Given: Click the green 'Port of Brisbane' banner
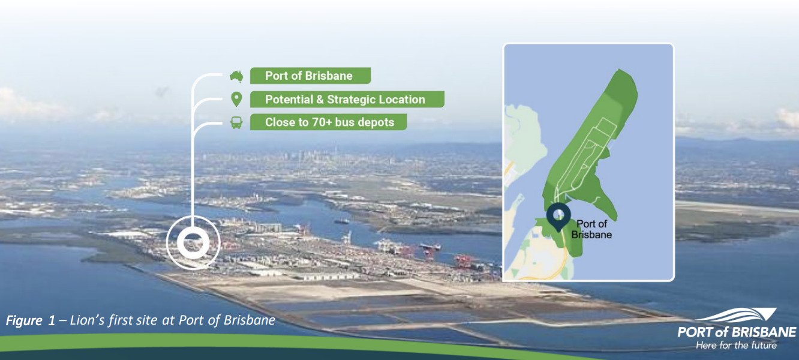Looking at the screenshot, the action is (x=310, y=76).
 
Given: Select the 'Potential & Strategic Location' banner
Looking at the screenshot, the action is (x=347, y=99).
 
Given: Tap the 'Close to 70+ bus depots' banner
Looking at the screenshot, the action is (x=328, y=122).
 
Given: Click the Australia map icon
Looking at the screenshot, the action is (x=236, y=76).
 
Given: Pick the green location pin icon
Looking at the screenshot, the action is (x=236, y=99).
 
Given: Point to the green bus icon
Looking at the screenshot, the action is (x=236, y=122).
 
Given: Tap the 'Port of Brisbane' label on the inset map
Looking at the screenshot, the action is (x=591, y=229).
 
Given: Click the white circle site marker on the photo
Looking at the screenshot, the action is (x=193, y=242).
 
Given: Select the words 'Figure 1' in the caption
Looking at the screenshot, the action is (x=31, y=320).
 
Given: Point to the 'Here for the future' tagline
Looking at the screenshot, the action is (x=736, y=346).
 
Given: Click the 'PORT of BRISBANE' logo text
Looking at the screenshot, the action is (x=737, y=332).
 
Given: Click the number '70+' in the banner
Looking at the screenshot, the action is (x=323, y=122).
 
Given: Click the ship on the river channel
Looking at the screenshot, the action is (x=341, y=221).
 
